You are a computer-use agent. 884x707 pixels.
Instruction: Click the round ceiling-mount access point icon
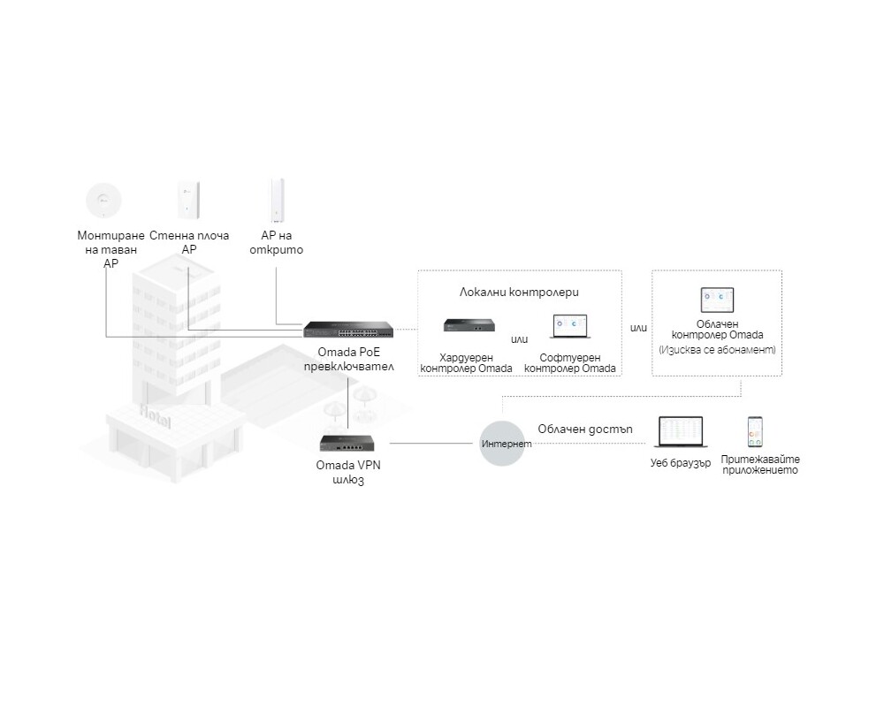pyautogui.click(x=104, y=199)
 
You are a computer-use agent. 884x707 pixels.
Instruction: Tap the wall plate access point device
pyautogui.click(x=188, y=199)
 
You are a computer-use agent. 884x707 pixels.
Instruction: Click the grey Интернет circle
pyautogui.click(x=506, y=443)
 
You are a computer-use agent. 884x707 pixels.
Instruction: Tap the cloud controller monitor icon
pyautogui.click(x=717, y=300)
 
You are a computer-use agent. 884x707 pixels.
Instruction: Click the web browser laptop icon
pyautogui.click(x=678, y=434)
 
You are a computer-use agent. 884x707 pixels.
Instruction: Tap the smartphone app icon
pyautogui.click(x=755, y=433)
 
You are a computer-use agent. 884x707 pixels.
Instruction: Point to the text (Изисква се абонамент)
pyautogui.click(x=717, y=350)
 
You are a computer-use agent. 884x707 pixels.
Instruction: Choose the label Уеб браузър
pyautogui.click(x=680, y=463)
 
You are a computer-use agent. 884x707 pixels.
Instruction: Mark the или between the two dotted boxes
pyautogui.click(x=638, y=328)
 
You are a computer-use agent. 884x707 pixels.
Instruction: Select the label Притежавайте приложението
pyautogui.click(x=759, y=465)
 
